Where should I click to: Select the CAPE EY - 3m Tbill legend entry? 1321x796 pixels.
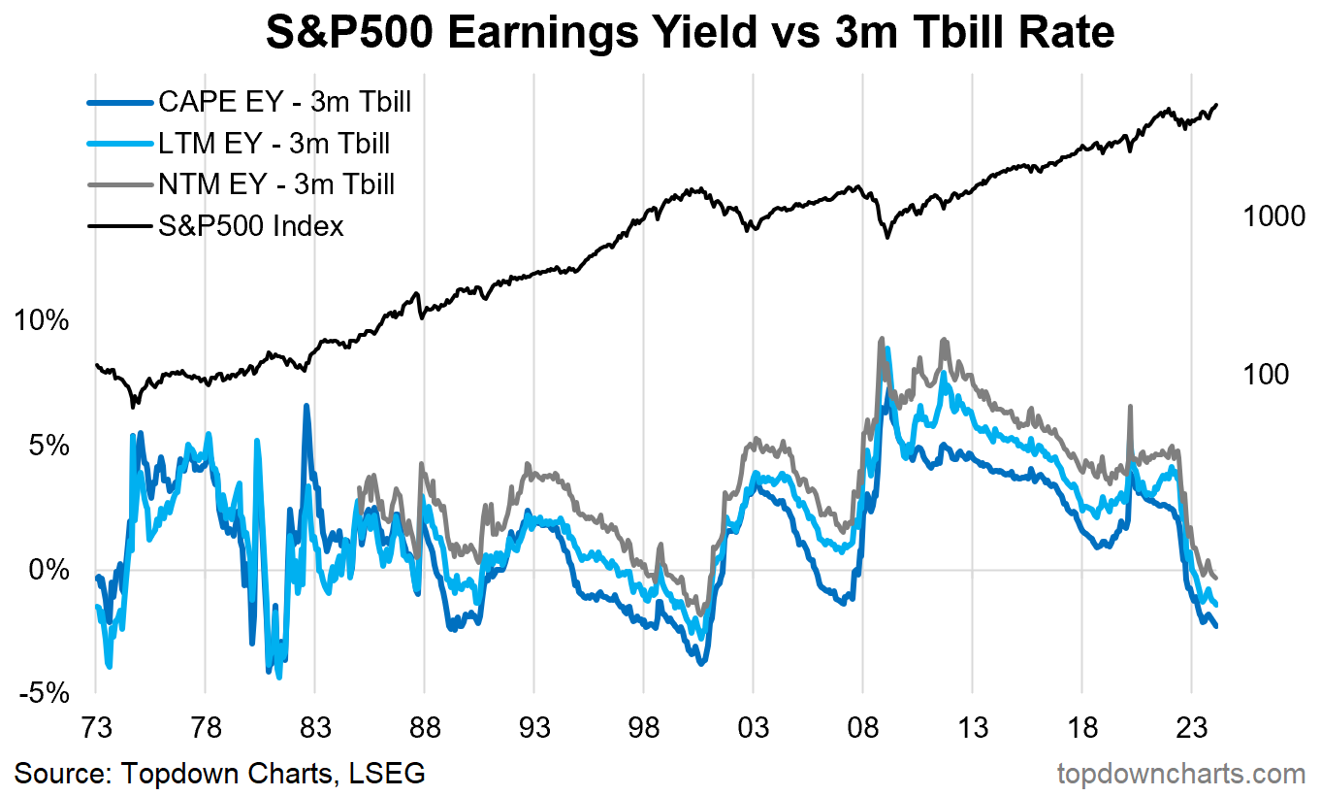(x=284, y=102)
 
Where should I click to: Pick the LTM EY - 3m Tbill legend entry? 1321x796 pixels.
(x=274, y=144)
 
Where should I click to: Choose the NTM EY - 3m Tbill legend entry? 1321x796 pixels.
(x=275, y=184)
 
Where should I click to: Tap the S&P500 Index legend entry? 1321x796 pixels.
(x=250, y=226)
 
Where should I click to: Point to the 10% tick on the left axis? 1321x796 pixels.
(x=40, y=321)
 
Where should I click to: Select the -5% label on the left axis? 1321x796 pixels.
(x=42, y=693)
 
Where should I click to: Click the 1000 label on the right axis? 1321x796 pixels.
(x=1273, y=217)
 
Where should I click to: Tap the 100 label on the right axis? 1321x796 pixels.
(x=1265, y=374)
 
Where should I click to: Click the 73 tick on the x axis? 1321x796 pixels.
(x=96, y=729)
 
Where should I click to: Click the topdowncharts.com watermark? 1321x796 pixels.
(x=1180, y=774)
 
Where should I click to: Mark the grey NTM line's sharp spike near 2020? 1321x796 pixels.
(x=1129, y=408)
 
